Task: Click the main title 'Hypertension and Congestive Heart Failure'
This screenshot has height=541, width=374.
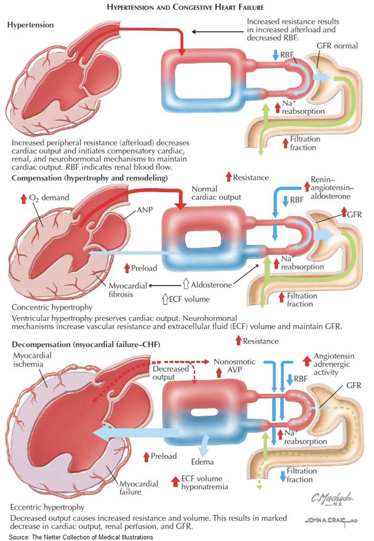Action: click(187, 8)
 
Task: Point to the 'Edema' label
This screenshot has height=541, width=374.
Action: click(202, 462)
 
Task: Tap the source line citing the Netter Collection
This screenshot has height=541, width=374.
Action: click(77, 536)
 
